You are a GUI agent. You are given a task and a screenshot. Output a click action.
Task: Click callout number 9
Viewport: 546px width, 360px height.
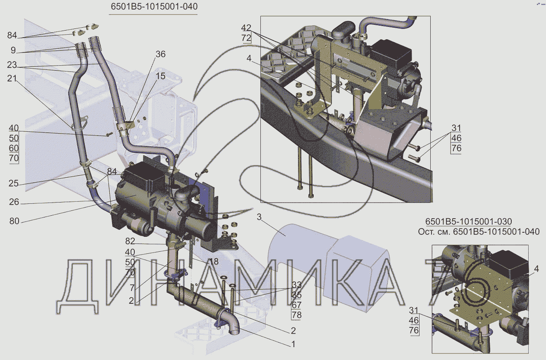13,51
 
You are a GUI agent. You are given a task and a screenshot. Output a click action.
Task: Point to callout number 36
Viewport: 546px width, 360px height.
160,54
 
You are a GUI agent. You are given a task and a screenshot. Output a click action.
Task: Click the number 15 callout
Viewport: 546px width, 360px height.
160,76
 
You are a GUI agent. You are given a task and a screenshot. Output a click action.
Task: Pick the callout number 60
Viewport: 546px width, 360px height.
14,148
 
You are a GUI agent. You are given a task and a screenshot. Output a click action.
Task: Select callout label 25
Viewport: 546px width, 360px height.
13,183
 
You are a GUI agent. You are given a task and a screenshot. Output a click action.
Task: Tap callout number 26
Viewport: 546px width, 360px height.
13,203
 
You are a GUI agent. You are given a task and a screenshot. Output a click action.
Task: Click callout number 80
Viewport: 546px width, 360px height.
13,221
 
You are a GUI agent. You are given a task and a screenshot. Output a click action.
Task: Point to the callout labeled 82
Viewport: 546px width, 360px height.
130,241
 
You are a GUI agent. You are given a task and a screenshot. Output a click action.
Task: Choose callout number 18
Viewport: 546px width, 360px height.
214,261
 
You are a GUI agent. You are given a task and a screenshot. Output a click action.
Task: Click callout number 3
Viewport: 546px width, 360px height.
258,217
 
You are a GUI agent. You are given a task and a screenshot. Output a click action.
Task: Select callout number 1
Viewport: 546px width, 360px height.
293,343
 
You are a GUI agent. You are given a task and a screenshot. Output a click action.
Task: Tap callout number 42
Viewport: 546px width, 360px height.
246,28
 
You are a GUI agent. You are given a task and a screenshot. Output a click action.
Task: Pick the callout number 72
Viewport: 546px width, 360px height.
246,38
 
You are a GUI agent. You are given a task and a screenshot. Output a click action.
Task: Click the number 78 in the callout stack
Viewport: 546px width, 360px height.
296,315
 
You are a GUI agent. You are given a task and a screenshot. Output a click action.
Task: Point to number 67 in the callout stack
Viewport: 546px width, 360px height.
296,305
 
